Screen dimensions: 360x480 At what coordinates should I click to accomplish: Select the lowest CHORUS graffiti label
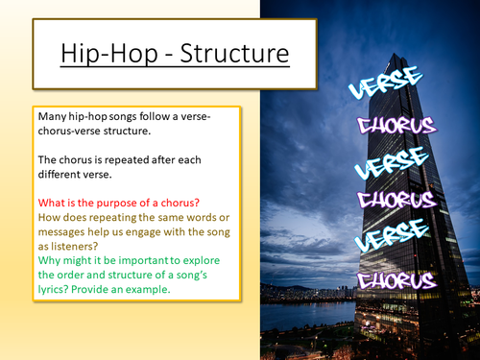pos(396,280)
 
